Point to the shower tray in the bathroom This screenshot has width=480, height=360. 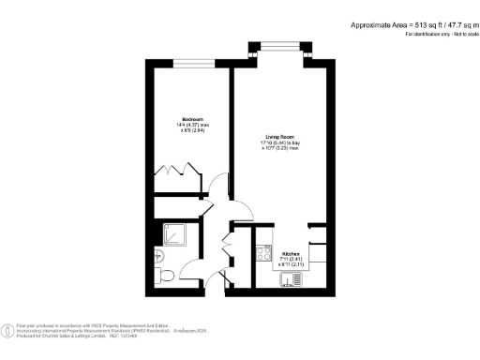click(173, 234)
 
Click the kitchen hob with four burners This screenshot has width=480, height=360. click(260, 251)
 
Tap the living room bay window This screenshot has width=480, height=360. click(280, 46)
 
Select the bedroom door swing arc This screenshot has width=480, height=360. click(217, 187)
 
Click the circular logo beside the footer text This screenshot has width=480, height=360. click(8, 329)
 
